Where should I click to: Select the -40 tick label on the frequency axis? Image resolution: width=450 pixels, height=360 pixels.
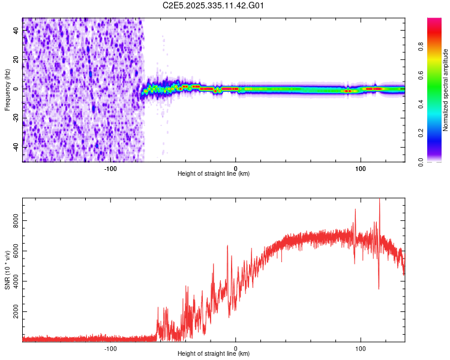(x=16, y=147)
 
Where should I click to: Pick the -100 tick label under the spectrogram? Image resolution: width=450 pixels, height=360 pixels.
(x=110, y=167)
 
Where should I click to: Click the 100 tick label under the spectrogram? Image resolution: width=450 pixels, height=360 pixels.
(x=361, y=167)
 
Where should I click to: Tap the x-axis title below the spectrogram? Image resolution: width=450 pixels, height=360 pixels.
(x=214, y=174)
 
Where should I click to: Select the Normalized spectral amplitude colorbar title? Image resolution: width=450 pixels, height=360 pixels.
(x=446, y=90)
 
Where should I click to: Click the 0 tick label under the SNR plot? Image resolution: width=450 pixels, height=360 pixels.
(x=235, y=347)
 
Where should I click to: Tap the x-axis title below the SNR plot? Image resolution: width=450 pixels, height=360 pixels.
(x=214, y=354)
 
